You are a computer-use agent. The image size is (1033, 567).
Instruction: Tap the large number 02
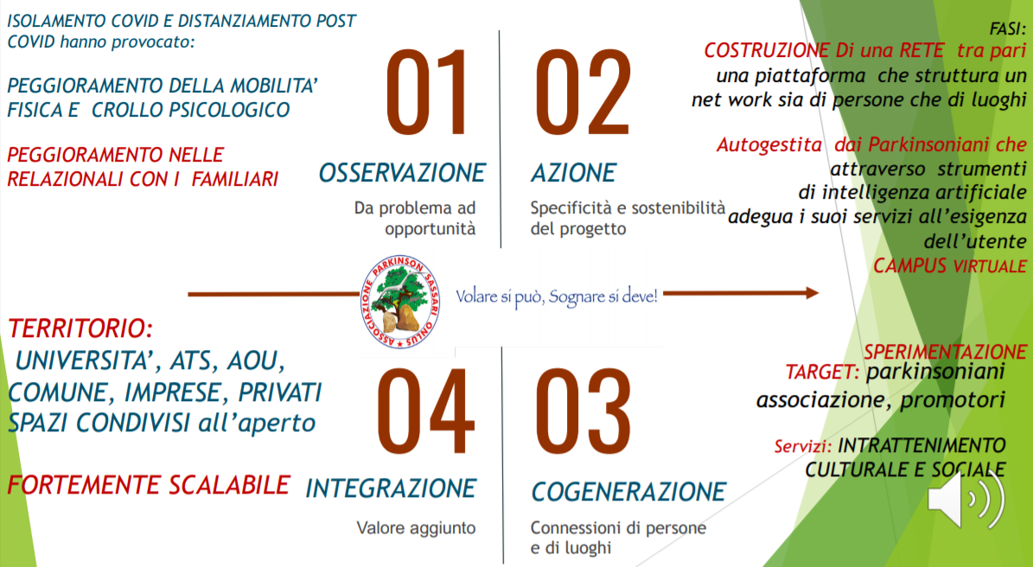point(583,92)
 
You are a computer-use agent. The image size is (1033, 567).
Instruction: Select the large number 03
point(583,411)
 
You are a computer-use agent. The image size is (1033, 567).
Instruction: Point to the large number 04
point(425,411)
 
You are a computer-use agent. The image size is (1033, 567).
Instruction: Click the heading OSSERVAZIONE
point(402,173)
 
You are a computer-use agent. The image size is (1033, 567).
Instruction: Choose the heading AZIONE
point(573,173)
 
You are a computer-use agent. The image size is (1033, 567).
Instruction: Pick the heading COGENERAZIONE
point(628,491)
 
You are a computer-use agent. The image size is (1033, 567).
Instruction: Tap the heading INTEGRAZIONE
point(391,488)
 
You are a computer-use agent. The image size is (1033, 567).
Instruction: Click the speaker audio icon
point(966,499)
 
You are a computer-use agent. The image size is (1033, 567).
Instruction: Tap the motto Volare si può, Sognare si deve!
point(557,296)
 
